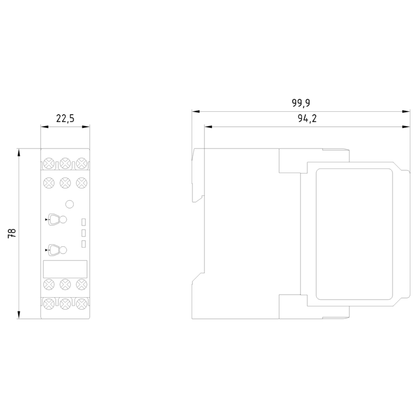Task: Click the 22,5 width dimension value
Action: click(65, 118)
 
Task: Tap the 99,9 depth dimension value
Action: click(301, 103)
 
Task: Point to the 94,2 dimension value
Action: click(307, 118)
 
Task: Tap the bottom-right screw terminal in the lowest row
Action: click(82, 304)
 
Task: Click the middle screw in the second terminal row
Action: click(65, 183)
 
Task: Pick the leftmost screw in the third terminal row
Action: click(49, 284)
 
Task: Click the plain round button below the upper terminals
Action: click(69, 204)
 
